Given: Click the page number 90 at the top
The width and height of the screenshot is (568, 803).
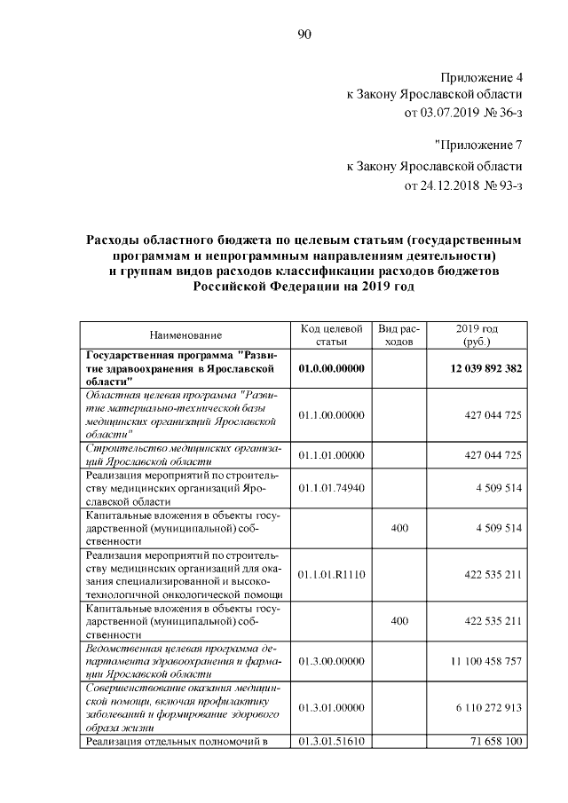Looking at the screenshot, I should pyautogui.click(x=304, y=35).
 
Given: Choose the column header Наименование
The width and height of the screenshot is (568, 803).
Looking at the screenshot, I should pyautogui.click(x=185, y=335).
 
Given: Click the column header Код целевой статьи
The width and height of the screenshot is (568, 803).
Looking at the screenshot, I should pyautogui.click(x=331, y=335).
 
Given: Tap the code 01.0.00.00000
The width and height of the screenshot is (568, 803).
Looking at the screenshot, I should pyautogui.click(x=331, y=367).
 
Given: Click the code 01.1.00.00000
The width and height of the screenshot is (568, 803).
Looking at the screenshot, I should pyautogui.click(x=331, y=414).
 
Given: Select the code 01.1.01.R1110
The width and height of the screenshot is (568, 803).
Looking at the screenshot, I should pyautogui.click(x=331, y=574).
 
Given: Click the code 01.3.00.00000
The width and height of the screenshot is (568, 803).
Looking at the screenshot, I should pyautogui.click(x=331, y=662).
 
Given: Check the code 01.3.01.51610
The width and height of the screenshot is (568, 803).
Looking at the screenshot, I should pyautogui.click(x=331, y=742).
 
